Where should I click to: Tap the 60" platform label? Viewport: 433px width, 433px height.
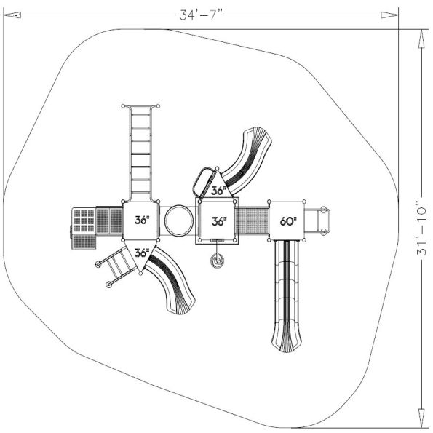pos(289,221)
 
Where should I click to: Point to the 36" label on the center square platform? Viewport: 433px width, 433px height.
pos(218,221)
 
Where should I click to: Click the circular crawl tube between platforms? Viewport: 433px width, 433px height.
pos(178,220)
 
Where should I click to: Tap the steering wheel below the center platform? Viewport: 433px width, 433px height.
pos(216,261)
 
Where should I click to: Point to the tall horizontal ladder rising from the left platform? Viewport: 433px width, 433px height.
pos(140,153)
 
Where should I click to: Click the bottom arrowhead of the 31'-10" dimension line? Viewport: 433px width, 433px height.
pos(421,420)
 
